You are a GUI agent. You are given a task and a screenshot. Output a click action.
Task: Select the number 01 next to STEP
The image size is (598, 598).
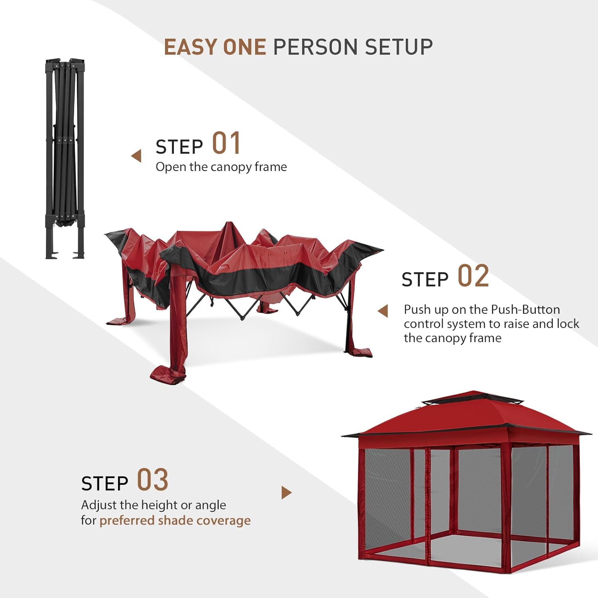[x=226, y=144]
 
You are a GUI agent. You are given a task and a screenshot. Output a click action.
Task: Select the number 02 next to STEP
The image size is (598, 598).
[x=473, y=276]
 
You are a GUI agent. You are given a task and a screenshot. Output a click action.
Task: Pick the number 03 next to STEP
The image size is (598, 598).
[x=153, y=480]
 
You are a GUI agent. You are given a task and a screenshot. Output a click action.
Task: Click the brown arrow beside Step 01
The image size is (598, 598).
[x=136, y=156]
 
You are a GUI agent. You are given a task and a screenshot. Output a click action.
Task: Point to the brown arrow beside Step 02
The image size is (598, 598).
[x=383, y=311]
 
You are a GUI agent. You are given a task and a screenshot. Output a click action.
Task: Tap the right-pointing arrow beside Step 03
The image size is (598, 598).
[x=286, y=493]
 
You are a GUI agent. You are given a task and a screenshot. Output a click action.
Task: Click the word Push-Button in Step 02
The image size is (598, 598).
[x=525, y=310]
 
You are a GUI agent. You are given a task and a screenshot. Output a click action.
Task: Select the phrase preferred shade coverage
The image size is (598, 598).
[x=175, y=521]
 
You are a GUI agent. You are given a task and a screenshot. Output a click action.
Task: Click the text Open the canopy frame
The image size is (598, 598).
[x=221, y=167]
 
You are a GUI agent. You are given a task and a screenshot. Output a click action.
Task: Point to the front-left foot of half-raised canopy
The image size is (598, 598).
[x=167, y=375]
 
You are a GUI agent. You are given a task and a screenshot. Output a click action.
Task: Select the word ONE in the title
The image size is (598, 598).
[x=244, y=47]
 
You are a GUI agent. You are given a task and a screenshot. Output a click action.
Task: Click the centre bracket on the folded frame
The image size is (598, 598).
[x=65, y=140]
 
